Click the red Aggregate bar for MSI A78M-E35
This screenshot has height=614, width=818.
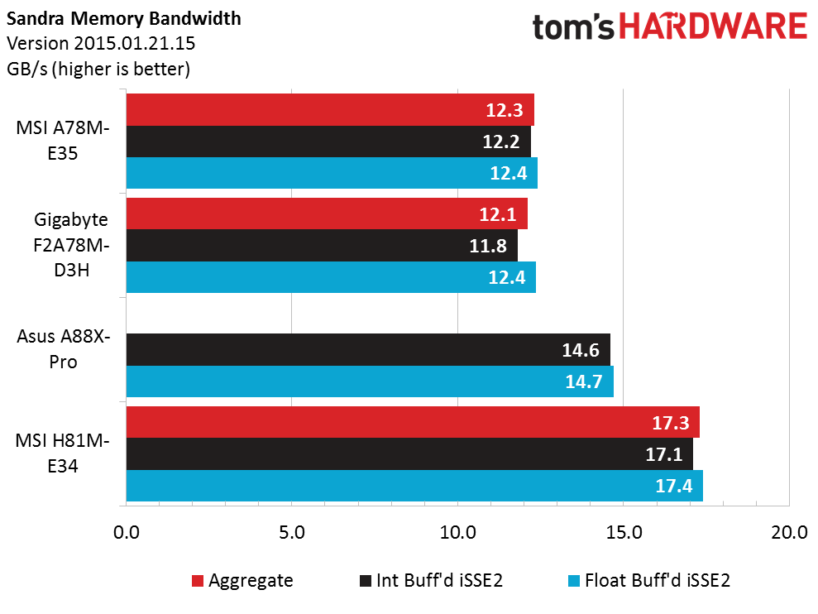click(330, 109)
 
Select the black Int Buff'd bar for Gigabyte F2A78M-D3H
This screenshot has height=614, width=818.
click(322, 246)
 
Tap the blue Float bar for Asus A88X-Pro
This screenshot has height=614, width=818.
click(370, 381)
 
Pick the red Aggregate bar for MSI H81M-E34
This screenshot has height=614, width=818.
click(413, 422)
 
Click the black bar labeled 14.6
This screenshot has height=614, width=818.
click(368, 350)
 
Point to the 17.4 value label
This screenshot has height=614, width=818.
click(673, 486)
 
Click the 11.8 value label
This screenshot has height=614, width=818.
click(488, 246)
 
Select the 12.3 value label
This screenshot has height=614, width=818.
click(505, 110)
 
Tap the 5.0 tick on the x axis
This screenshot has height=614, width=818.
click(292, 533)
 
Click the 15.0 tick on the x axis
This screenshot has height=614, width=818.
click(624, 533)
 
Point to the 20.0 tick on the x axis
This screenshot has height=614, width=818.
click(789, 533)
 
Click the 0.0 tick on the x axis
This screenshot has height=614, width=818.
click(127, 533)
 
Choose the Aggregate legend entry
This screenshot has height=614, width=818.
click(242, 581)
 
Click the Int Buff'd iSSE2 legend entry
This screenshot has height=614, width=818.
click(431, 581)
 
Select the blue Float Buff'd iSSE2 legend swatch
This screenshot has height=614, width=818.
click(574, 581)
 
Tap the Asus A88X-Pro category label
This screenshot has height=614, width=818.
click(63, 348)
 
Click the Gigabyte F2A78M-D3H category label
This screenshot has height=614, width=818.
click(71, 245)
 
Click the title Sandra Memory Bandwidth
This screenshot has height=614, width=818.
click(123, 19)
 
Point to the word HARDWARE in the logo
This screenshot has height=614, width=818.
click(713, 27)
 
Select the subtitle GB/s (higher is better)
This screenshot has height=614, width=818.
click(98, 69)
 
